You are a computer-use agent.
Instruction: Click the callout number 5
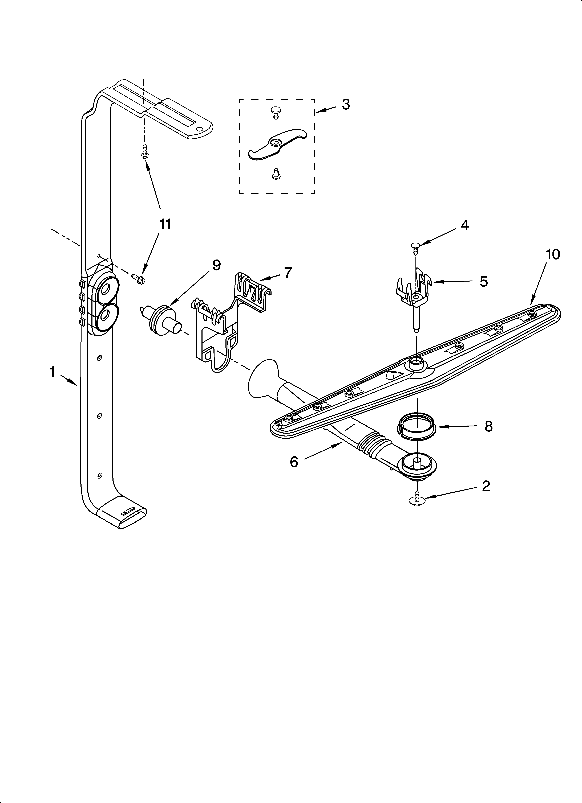pyautogui.click(x=483, y=281)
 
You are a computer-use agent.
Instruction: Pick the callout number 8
pyautogui.click(x=488, y=427)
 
